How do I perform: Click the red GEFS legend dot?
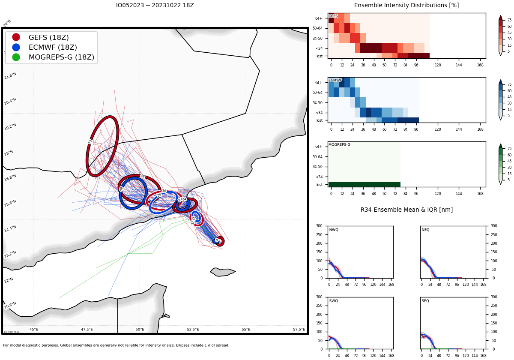coord(16,37)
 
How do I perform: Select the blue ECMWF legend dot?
coord(16,47)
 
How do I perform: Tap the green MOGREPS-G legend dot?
coord(16,57)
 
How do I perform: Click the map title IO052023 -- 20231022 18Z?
coord(155,6)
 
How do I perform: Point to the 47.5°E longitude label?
coord(87,330)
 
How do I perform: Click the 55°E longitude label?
coord(246,330)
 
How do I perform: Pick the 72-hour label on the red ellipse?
coord(90,141)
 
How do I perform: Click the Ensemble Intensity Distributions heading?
coord(406,6)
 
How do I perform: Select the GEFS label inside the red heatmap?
coord(333,16)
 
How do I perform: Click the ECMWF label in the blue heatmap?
coord(335,80)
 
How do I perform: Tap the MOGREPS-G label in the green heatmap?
coord(339,144)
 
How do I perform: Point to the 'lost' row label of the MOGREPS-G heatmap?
coord(319,185)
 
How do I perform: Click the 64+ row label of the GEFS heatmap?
coord(319,18)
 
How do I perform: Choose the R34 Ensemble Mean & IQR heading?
coord(406,210)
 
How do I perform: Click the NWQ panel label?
coord(334,230)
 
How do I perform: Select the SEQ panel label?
coord(425,301)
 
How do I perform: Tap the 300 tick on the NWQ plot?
coord(319,226)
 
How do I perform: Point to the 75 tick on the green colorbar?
coord(509,149)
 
